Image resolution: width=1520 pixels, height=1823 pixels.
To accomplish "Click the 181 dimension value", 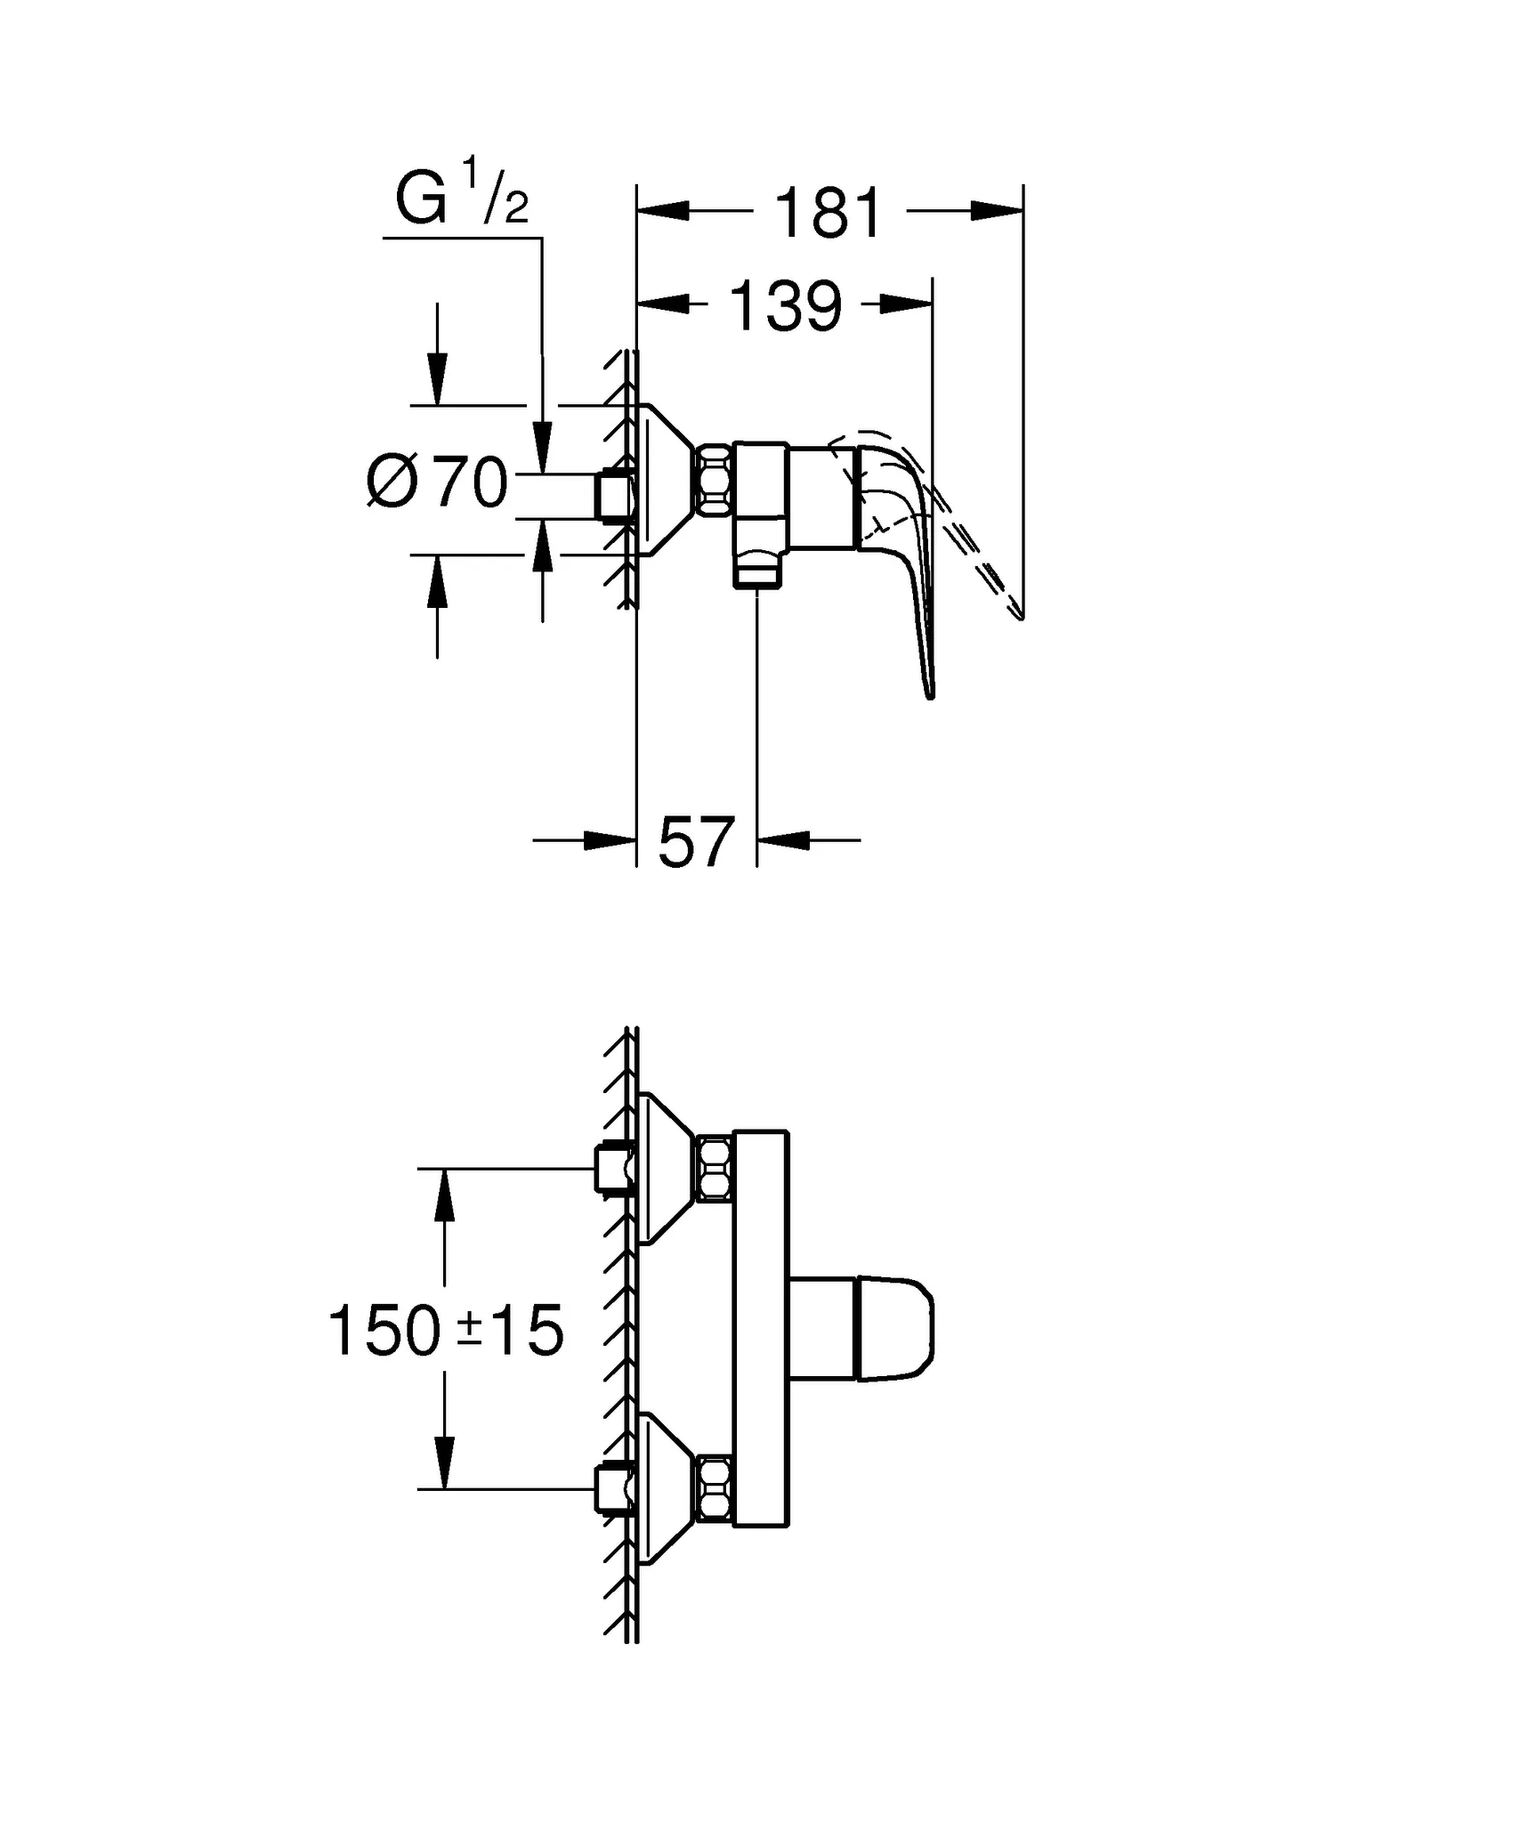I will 829,214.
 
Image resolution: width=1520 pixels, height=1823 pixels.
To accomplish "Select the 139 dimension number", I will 785,306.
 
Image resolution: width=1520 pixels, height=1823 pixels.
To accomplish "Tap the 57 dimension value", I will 696,842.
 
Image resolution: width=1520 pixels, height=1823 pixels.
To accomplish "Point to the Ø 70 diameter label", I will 437,483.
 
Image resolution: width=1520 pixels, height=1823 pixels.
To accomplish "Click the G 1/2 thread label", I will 461,200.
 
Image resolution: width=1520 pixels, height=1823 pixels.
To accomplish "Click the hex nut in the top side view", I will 715,480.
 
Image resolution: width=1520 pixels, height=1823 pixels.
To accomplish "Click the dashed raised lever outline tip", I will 1015,609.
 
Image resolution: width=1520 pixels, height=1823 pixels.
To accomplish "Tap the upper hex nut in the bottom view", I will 716,1168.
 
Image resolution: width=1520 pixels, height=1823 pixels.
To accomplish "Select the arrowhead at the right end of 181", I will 998,212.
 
